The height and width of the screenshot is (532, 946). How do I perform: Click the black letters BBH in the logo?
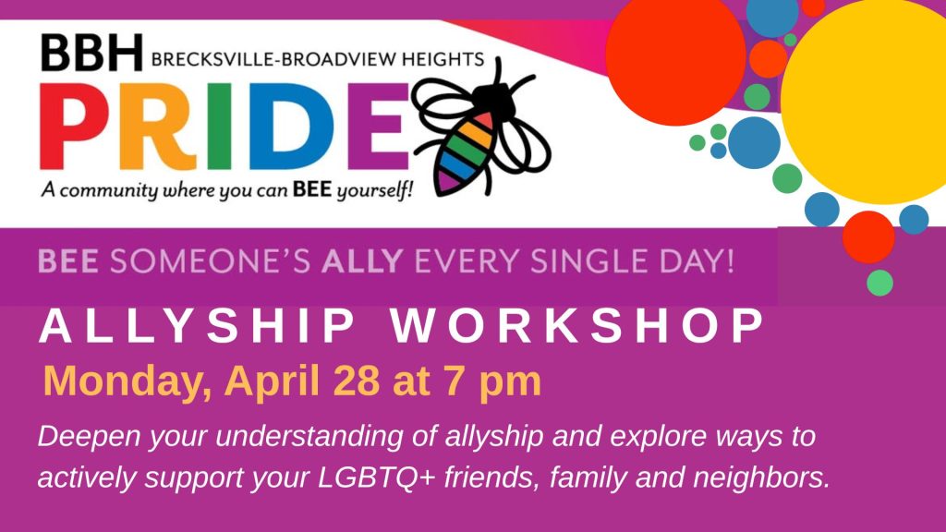click(x=91, y=53)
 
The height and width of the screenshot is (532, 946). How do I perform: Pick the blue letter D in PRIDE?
click(x=289, y=127)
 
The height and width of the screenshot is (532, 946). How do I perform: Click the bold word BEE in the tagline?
click(x=312, y=190)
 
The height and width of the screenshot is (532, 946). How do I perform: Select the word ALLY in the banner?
click(x=362, y=261)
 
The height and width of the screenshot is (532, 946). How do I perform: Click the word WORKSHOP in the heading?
click(x=577, y=326)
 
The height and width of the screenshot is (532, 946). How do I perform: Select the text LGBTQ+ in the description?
click(x=377, y=478)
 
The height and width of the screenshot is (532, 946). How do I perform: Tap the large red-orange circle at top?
click(x=675, y=54)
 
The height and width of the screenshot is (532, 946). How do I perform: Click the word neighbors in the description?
click(x=761, y=478)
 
